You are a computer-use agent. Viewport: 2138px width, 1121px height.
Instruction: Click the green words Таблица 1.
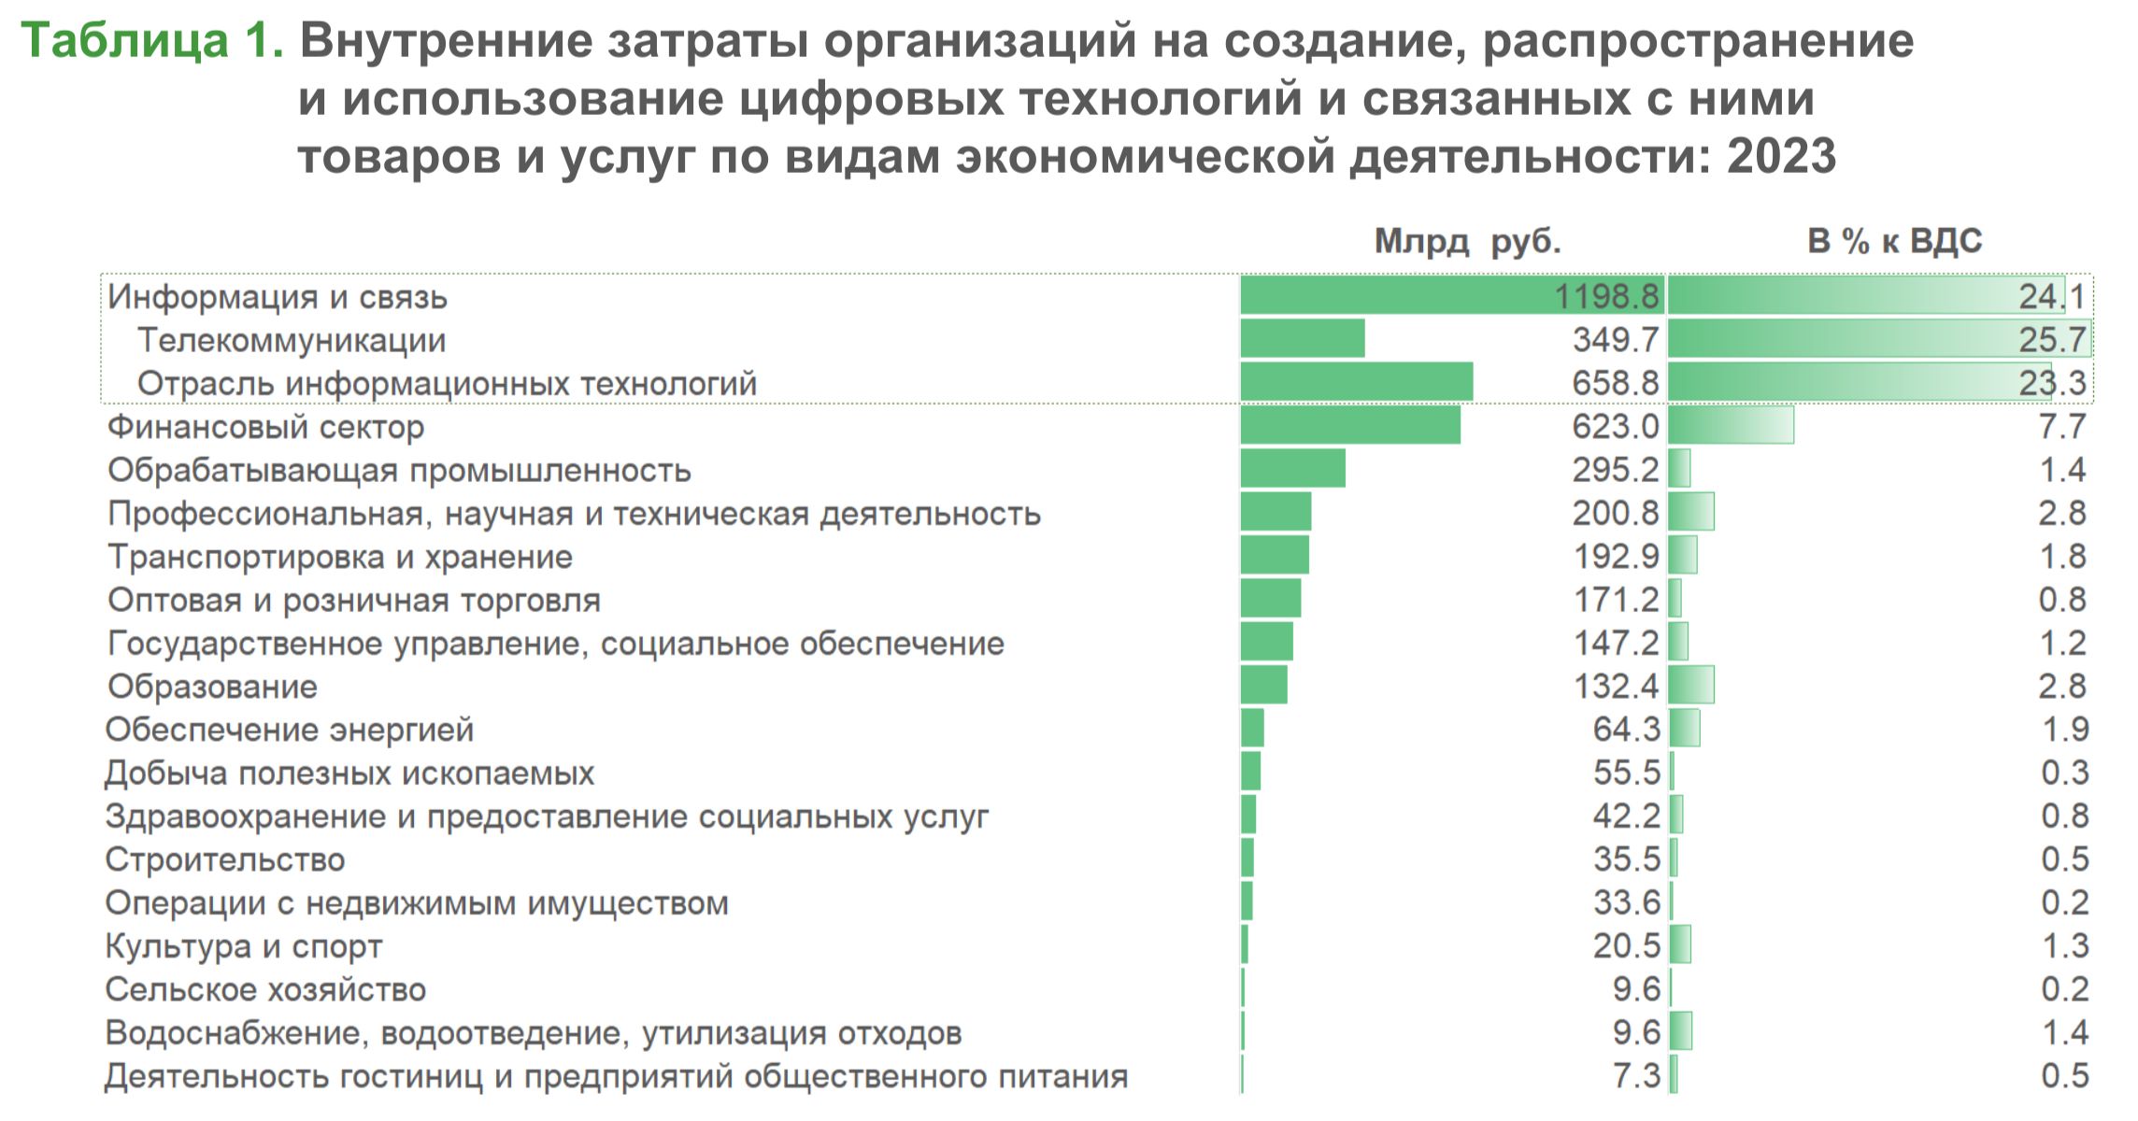pyautogui.click(x=151, y=41)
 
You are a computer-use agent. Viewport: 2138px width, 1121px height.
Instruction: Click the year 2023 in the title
pyautogui.click(x=1781, y=156)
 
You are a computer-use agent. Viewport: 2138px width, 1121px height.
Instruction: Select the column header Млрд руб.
pyautogui.click(x=1467, y=242)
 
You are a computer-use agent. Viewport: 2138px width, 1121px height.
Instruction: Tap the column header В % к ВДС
pyautogui.click(x=1894, y=242)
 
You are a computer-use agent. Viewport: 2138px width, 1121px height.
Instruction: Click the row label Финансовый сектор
pyautogui.click(x=265, y=427)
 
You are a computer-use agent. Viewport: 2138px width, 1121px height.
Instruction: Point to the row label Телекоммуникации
pyautogui.click(x=292, y=340)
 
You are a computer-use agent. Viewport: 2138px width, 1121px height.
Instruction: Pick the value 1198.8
pyautogui.click(x=1606, y=296)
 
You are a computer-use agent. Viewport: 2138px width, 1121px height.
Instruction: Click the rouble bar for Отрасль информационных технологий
pyautogui.click(x=1356, y=382)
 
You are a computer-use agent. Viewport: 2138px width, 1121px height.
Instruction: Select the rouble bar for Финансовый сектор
pyautogui.click(x=1349, y=426)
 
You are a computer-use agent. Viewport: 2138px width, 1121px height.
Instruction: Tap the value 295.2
pyautogui.click(x=1615, y=470)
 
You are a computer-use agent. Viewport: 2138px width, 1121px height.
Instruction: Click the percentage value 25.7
pyautogui.click(x=2052, y=340)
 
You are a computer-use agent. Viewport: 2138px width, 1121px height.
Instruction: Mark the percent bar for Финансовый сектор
pyautogui.click(x=1730, y=426)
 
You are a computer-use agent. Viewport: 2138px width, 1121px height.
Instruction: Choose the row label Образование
pyautogui.click(x=212, y=687)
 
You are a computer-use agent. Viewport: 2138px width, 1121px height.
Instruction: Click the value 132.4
pyautogui.click(x=1616, y=687)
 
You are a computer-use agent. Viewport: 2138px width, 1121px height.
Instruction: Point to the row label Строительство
pyautogui.click(x=225, y=859)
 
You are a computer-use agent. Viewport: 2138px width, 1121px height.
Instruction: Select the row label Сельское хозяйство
pyautogui.click(x=265, y=989)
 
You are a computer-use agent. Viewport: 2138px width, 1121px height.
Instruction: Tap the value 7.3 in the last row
pyautogui.click(x=1636, y=1076)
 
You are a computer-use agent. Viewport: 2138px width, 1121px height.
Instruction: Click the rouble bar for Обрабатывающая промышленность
pyautogui.click(x=1292, y=469)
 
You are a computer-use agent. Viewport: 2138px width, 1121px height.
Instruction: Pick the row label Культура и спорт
pyautogui.click(x=244, y=946)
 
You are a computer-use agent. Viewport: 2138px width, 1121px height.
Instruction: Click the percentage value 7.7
pyautogui.click(x=2062, y=427)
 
